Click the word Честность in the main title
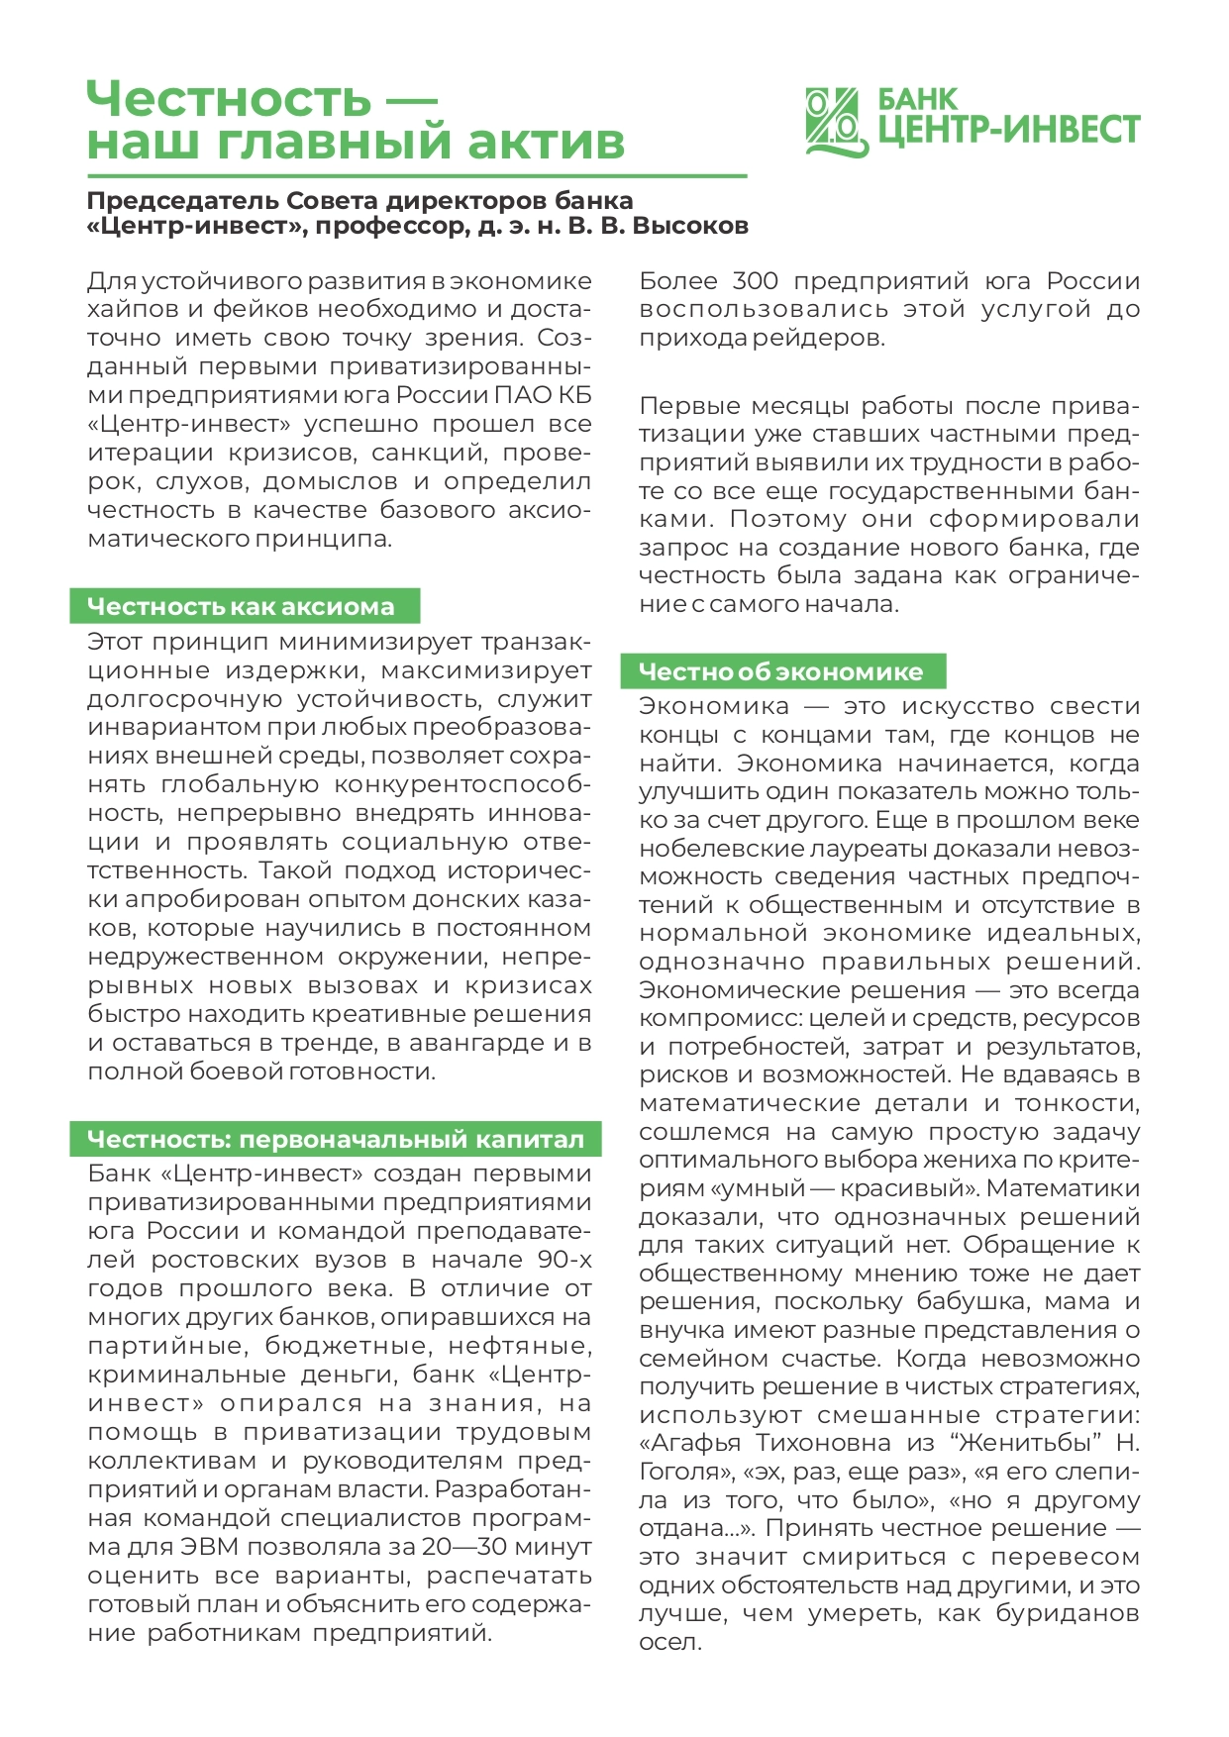pyautogui.click(x=229, y=99)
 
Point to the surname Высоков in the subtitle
pyautogui.click(x=690, y=226)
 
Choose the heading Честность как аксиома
pyautogui.click(x=242, y=606)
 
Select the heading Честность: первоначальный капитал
pyautogui.click(x=336, y=1139)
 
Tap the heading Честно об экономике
pyautogui.click(x=780, y=671)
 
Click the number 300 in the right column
pyautogui.click(x=756, y=281)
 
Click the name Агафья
pyautogui.click(x=694, y=1443)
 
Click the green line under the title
pyautogui.click(x=416, y=176)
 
